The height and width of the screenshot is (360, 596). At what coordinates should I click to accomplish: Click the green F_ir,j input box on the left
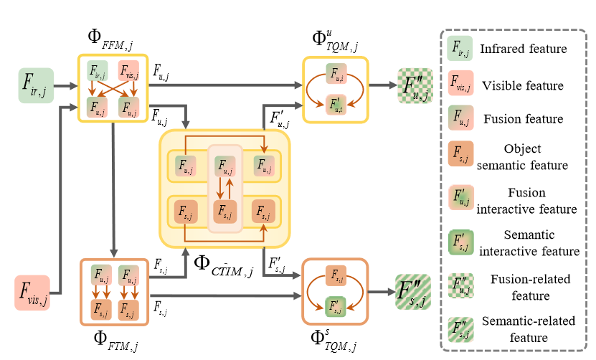click(x=36, y=86)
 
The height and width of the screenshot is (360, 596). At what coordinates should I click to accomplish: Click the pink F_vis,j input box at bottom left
click(x=32, y=293)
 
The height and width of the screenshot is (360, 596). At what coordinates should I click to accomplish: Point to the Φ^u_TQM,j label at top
click(x=334, y=41)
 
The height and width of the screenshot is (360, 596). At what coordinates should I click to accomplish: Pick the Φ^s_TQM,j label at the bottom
click(x=334, y=339)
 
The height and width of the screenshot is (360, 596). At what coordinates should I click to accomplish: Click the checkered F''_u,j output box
click(x=415, y=86)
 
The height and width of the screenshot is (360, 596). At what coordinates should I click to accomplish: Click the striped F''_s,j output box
click(x=413, y=292)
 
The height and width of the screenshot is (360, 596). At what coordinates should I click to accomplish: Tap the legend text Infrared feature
click(x=524, y=49)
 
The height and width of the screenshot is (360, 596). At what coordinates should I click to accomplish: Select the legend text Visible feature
click(x=523, y=85)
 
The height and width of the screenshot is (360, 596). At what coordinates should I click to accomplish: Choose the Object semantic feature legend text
click(x=523, y=157)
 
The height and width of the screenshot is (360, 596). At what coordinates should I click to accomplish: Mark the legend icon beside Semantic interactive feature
click(x=460, y=242)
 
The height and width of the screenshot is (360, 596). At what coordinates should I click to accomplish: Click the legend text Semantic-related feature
click(x=528, y=328)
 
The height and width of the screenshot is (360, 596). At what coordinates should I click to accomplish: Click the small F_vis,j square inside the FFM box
click(x=129, y=71)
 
